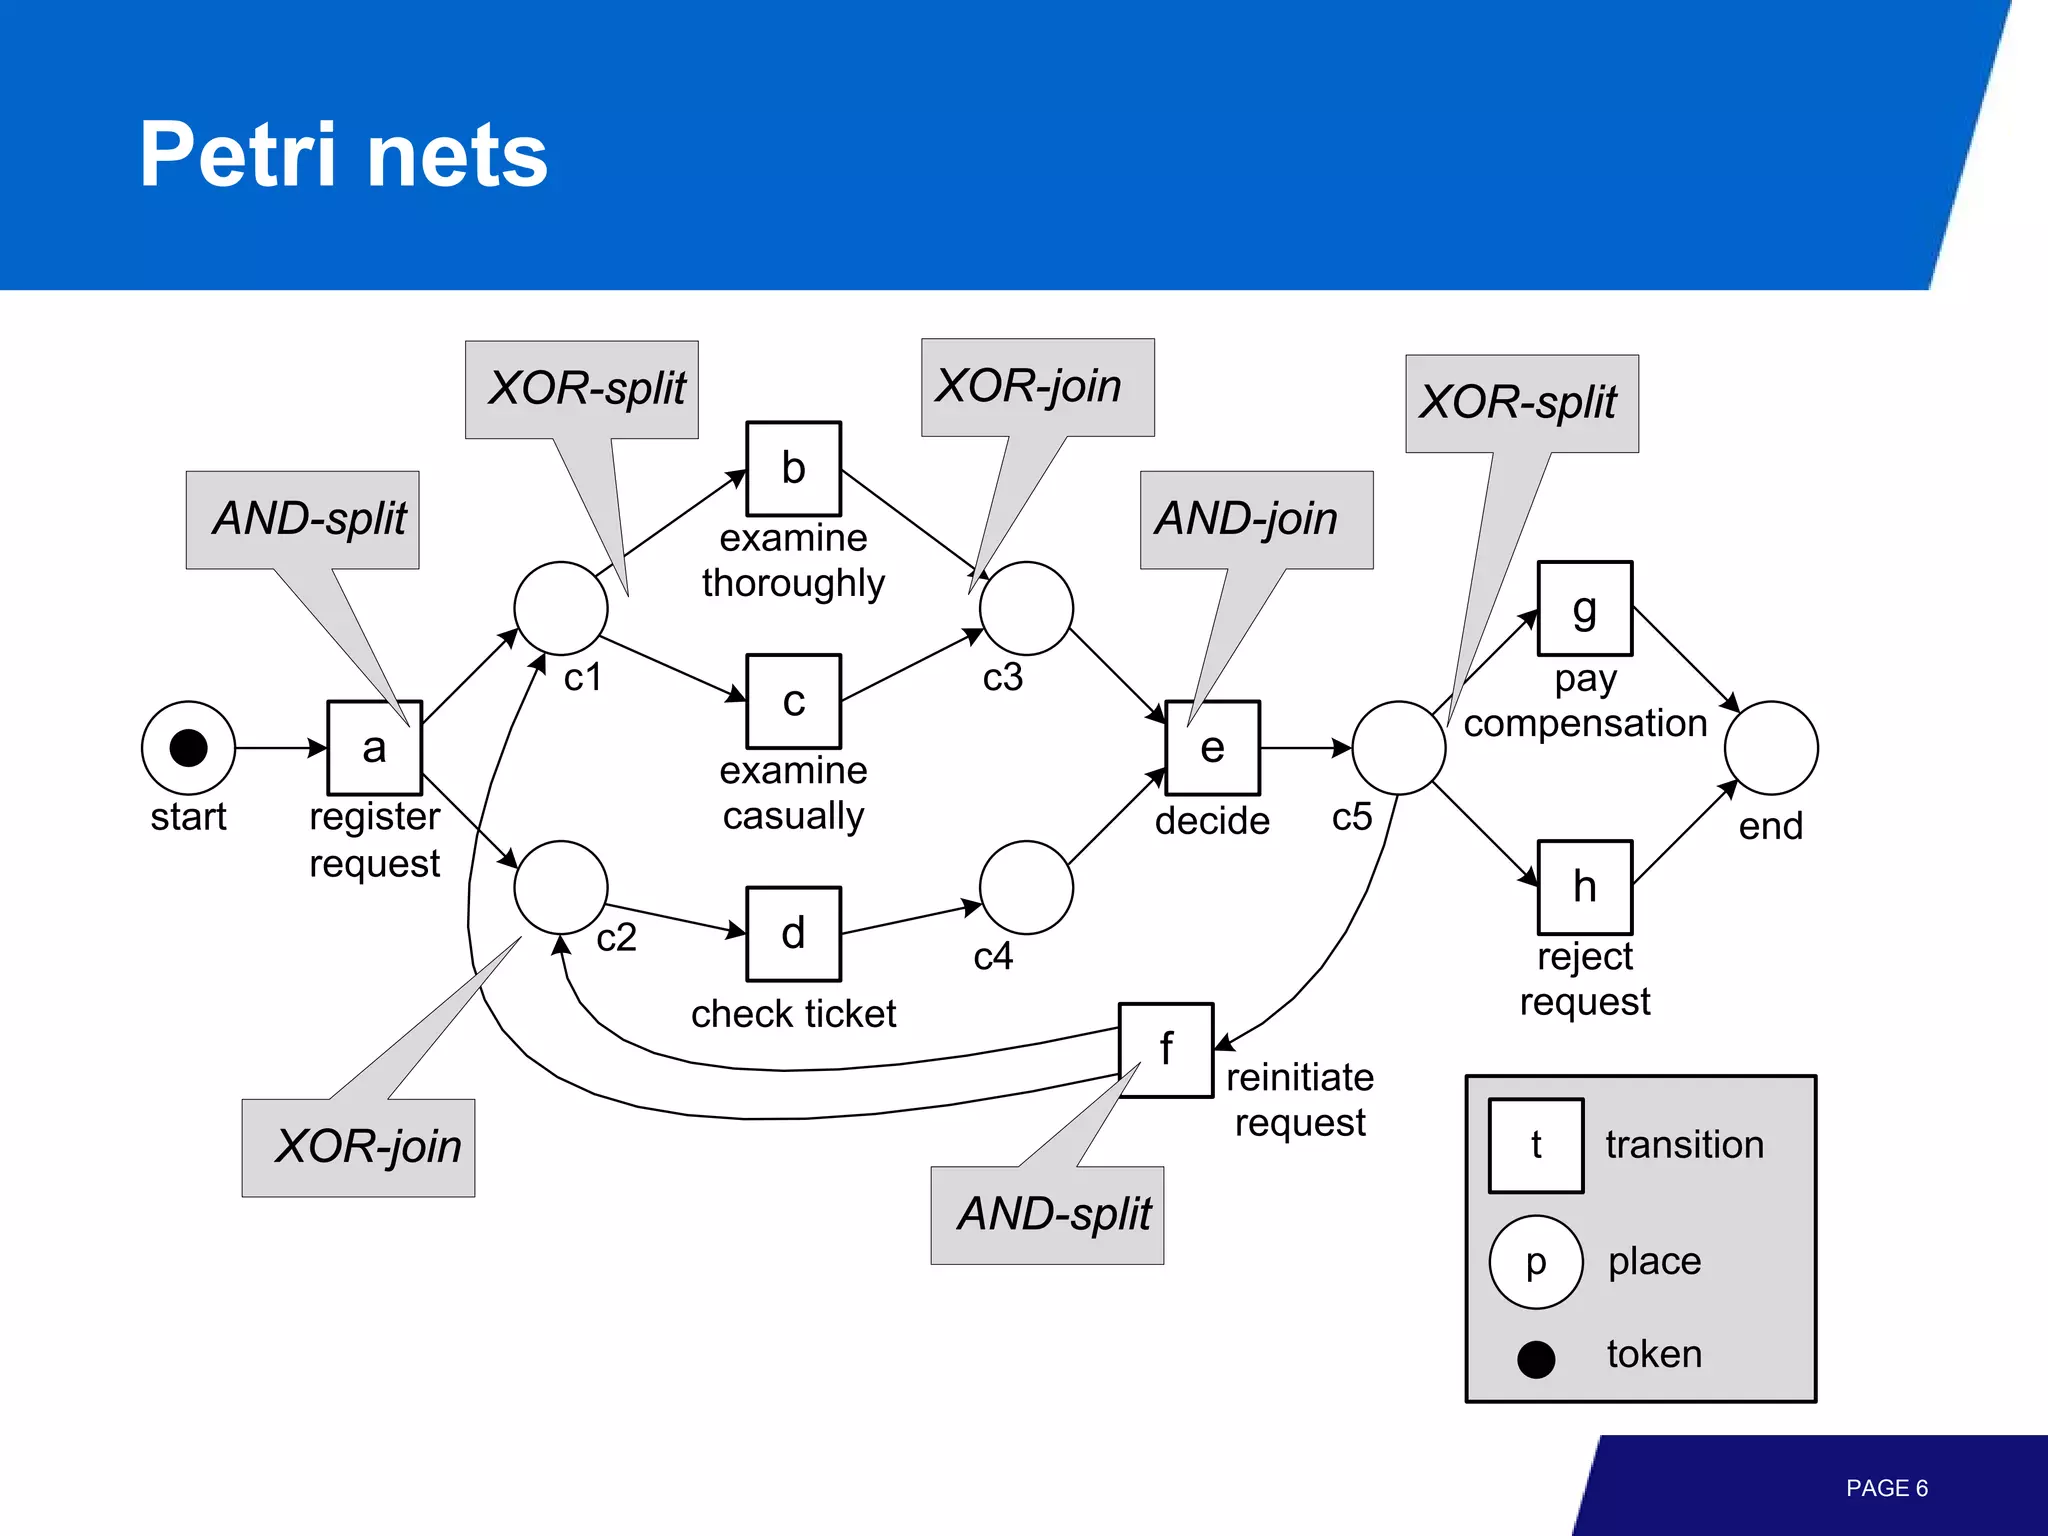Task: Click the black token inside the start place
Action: [x=188, y=747]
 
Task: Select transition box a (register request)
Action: [x=374, y=747]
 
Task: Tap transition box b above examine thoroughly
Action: [x=793, y=468]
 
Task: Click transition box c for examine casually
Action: [x=793, y=700]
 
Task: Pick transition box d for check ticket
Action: [x=793, y=933]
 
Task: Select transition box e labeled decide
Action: [x=1212, y=747]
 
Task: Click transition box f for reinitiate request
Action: [x=1165, y=1049]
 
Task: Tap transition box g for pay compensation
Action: [x=1584, y=608]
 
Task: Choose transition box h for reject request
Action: [x=1584, y=887]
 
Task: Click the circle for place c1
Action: [x=560, y=608]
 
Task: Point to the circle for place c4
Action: [x=1026, y=887]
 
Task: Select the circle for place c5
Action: [x=1398, y=747]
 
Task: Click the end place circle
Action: [x=1770, y=747]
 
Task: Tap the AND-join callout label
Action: [x=1256, y=519]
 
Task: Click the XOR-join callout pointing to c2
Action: [x=358, y=1147]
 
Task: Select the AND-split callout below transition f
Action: [x=1047, y=1214]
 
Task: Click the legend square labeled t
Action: [x=1535, y=1145]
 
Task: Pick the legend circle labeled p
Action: [x=1535, y=1261]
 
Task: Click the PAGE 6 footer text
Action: [x=1886, y=1488]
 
